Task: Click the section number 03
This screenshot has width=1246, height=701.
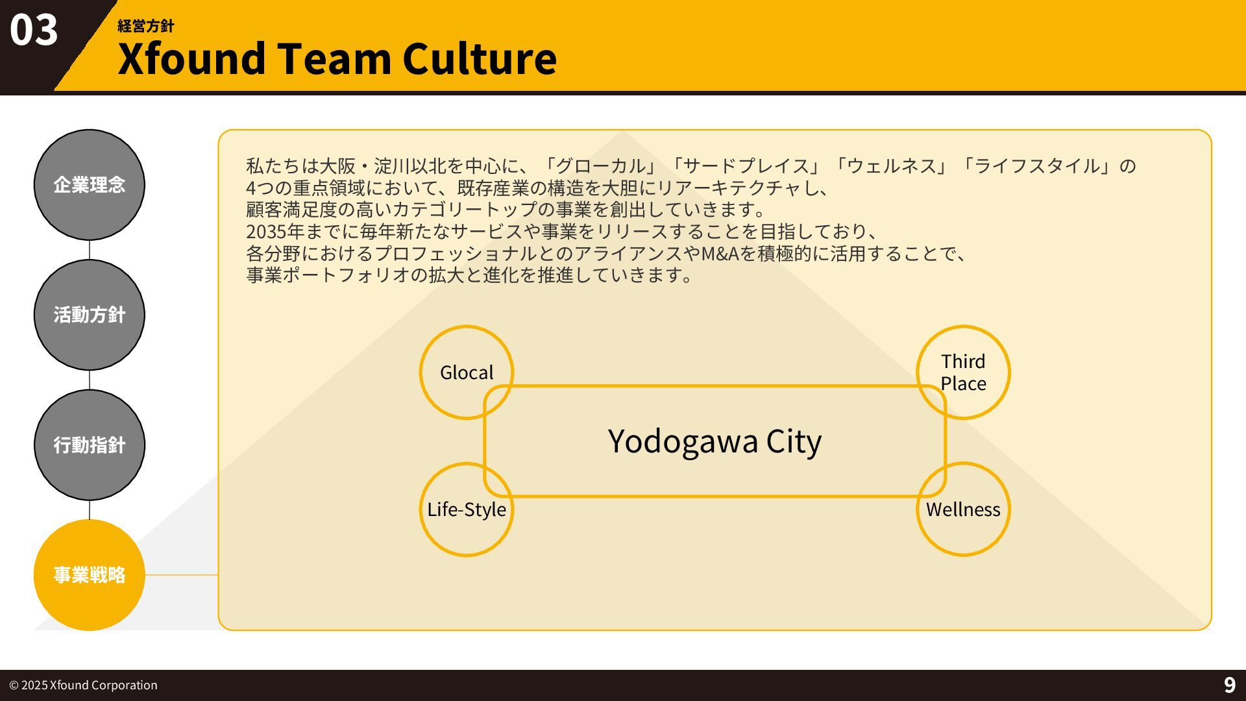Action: [x=34, y=31]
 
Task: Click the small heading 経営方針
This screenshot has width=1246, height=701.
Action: [x=145, y=26]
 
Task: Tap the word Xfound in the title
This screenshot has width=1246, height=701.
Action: [x=192, y=58]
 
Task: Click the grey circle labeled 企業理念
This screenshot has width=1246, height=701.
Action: [x=89, y=185]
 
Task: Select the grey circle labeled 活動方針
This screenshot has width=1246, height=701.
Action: [x=89, y=315]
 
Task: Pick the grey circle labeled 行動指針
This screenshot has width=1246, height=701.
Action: [x=89, y=445]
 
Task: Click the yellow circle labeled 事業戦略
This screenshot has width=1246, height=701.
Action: [x=89, y=575]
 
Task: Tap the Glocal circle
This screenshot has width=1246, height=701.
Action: [x=466, y=372]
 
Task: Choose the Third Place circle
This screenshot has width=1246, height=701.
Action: [x=963, y=372]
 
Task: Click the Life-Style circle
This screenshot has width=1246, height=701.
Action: [x=466, y=510]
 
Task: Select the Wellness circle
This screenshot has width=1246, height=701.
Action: [x=963, y=510]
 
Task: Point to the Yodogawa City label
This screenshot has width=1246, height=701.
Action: [x=715, y=441]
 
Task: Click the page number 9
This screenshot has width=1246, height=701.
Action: [x=1229, y=685]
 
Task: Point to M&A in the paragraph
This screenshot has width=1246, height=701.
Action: [x=720, y=253]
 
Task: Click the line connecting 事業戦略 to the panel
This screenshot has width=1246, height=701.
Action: [x=182, y=575]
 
